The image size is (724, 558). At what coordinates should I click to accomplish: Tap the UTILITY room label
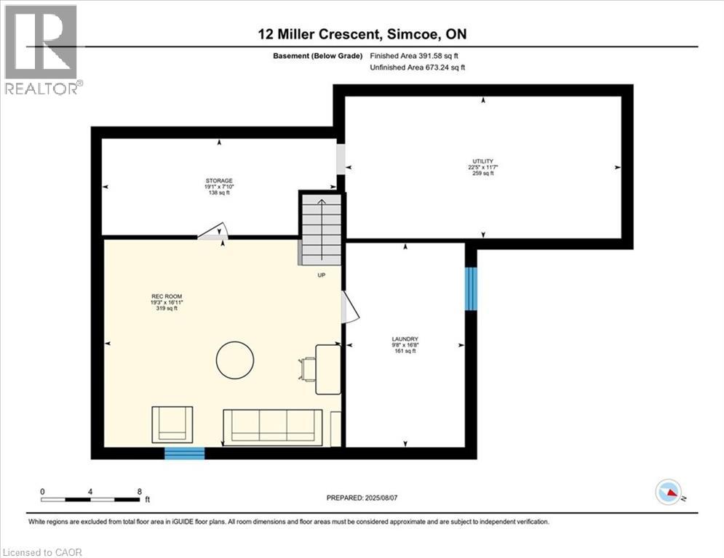click(482, 167)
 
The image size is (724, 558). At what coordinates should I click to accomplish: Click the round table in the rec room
click(235, 359)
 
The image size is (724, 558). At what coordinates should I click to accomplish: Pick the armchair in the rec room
click(172, 424)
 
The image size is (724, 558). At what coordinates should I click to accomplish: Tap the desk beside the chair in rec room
click(328, 369)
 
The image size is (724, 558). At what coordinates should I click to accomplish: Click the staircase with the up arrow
click(320, 229)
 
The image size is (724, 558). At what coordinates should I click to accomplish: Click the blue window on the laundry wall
click(471, 288)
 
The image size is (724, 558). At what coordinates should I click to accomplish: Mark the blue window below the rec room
click(184, 453)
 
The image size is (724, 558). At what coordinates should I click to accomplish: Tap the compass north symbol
click(667, 493)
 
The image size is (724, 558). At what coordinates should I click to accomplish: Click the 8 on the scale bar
click(139, 491)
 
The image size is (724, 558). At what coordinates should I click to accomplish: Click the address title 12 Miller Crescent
click(362, 35)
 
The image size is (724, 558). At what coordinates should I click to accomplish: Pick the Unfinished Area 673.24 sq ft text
click(417, 67)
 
